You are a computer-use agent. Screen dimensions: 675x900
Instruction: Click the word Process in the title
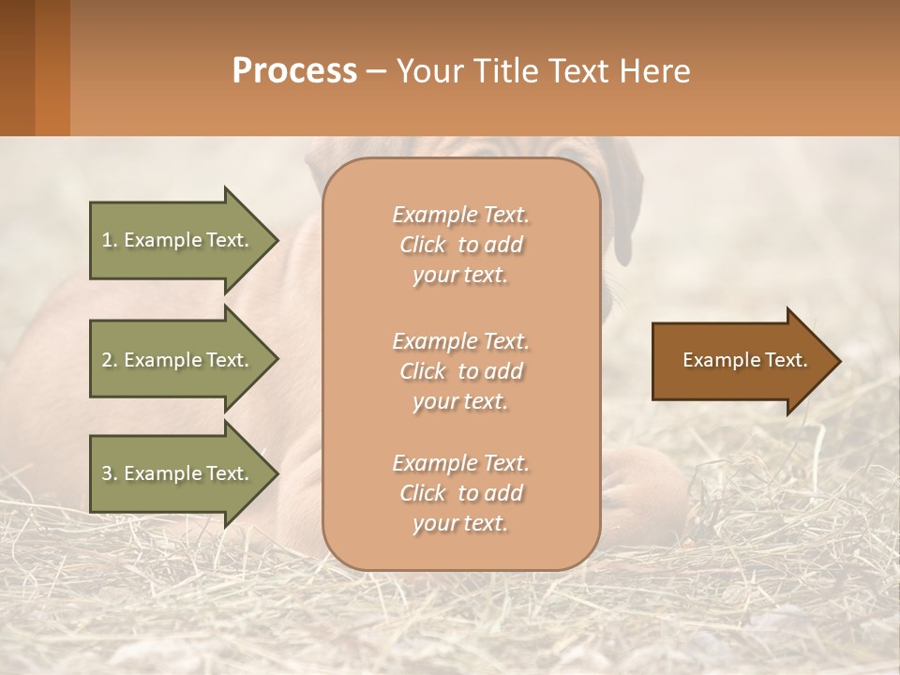pyautogui.click(x=294, y=71)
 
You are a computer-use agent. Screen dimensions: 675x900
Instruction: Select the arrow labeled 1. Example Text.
pyautogui.click(x=178, y=240)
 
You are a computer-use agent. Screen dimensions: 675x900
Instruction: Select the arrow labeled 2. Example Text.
pyautogui.click(x=178, y=360)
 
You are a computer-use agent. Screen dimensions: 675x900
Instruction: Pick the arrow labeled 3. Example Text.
pyautogui.click(x=178, y=473)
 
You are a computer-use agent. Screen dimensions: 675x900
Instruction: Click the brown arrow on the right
pyautogui.click(x=741, y=361)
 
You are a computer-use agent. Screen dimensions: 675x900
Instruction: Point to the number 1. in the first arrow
pyautogui.click(x=109, y=240)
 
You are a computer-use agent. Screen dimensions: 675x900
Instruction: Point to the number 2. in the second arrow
pyautogui.click(x=109, y=360)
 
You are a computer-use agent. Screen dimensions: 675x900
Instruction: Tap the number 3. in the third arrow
pyautogui.click(x=109, y=473)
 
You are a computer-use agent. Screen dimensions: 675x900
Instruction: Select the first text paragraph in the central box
pyautogui.click(x=460, y=245)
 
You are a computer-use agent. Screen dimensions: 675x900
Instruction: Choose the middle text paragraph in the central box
pyautogui.click(x=460, y=371)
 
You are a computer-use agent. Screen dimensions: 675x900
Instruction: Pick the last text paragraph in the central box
pyautogui.click(x=460, y=493)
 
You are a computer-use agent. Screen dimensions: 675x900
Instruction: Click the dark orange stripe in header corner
pyautogui.click(x=52, y=67)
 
